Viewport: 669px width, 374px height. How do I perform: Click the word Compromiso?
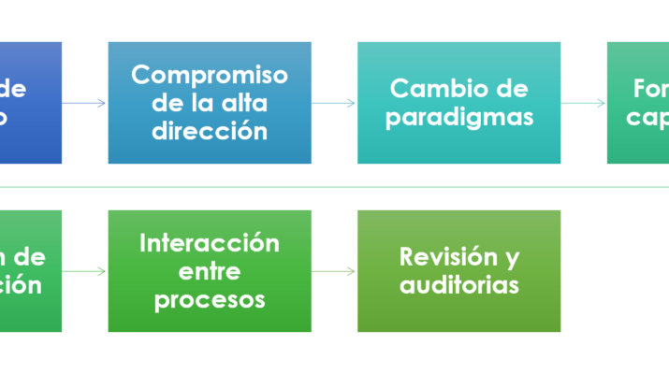pyautogui.click(x=210, y=75)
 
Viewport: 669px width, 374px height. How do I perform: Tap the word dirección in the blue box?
pyautogui.click(x=210, y=130)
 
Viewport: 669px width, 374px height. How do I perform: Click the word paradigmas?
pyautogui.click(x=458, y=117)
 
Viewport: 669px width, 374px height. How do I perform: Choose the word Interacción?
pyautogui.click(x=210, y=243)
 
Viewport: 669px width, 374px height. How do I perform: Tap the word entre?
pyautogui.click(x=210, y=271)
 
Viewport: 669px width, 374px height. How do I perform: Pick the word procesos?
pyautogui.click(x=210, y=299)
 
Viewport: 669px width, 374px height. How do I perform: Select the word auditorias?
pyautogui.click(x=458, y=284)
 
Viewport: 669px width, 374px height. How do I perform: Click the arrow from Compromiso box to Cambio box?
pyautogui.click(x=334, y=103)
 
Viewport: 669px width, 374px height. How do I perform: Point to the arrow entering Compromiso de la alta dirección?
pyautogui.click(x=85, y=103)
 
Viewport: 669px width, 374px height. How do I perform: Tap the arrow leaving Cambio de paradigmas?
pyautogui.click(x=584, y=103)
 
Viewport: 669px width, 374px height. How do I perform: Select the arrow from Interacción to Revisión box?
pyautogui.click(x=334, y=271)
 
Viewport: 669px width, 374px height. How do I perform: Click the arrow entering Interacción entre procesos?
pyautogui.click(x=85, y=271)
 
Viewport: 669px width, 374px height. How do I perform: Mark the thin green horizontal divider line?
pyautogui.click(x=334, y=187)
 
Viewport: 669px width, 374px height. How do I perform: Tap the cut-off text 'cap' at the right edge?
pyautogui.click(x=647, y=117)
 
